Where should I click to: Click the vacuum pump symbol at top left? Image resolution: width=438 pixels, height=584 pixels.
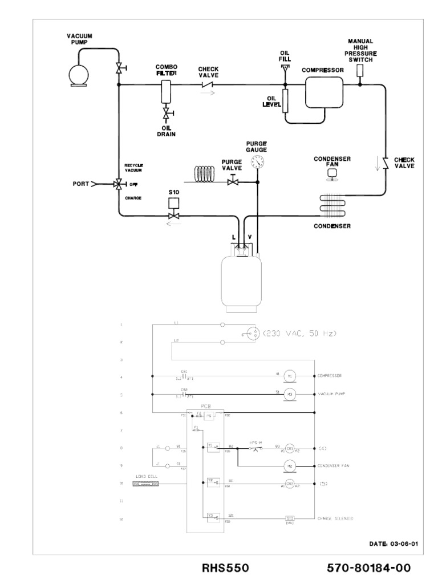pos(77,74)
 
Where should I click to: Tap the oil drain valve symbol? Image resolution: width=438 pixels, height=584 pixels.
pos(166,116)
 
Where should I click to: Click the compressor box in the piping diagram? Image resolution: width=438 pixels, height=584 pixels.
pos(324,92)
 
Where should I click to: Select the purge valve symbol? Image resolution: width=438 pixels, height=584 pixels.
pos(232,182)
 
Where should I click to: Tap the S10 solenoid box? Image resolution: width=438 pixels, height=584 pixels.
pos(175,203)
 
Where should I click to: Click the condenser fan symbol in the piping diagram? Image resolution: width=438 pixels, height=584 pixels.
pos(331,175)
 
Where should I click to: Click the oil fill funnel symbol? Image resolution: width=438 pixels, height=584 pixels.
pos(286,68)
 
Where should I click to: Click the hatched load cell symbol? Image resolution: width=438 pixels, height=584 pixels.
pos(145,484)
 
